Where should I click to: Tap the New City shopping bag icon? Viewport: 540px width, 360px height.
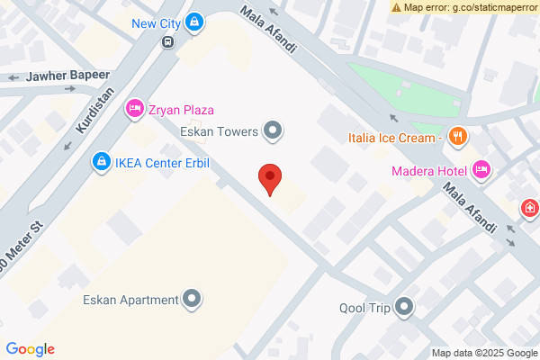pos(195,22)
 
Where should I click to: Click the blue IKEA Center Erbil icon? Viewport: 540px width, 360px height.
pos(101,163)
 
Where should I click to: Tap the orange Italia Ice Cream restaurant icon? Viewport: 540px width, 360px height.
pos(458,138)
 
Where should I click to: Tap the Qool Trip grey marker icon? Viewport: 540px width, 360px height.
pos(405,308)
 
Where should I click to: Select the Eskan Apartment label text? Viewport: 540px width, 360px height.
pos(130,300)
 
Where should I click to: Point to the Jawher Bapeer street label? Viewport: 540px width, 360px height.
pos(67,76)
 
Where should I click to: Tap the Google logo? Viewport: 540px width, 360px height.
pos(30,349)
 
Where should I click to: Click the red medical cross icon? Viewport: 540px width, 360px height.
pos(531,210)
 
